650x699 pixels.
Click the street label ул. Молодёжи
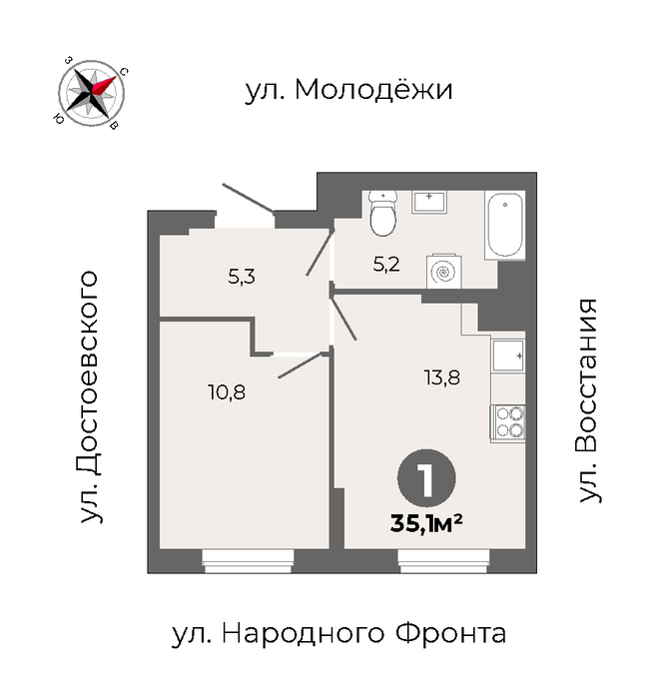(349, 90)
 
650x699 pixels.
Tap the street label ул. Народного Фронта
(338, 634)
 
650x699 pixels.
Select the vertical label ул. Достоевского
(88, 396)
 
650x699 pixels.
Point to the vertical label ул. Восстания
(587, 400)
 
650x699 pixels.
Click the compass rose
(92, 93)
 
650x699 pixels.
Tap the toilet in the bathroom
(383, 213)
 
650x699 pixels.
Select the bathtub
(504, 225)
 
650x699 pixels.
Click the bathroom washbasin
(429, 202)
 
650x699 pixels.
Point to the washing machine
(443, 271)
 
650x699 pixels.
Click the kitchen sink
(508, 355)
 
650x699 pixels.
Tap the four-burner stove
(508, 422)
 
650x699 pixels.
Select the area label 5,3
(242, 278)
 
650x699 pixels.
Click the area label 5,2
(386, 266)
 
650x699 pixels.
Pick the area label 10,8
(227, 392)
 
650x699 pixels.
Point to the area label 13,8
(441, 378)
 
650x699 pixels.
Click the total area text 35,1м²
(425, 523)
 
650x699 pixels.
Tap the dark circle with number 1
(426, 478)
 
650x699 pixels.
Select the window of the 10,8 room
(248, 561)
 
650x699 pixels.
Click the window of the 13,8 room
(443, 561)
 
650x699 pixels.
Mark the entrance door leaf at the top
(248, 197)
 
